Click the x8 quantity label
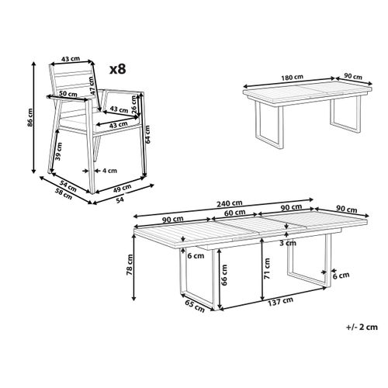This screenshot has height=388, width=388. tap(118, 69)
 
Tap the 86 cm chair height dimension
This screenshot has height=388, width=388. tap(30, 117)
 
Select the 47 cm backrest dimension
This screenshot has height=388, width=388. tap(92, 85)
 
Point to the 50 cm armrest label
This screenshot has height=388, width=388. tap(68, 94)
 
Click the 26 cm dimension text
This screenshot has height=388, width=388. tap(134, 104)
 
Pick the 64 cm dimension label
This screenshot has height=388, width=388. tap(147, 134)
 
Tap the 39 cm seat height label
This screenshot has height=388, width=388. tap(59, 151)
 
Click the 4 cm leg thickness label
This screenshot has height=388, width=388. tap(109, 171)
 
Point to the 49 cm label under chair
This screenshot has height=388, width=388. tap(122, 188)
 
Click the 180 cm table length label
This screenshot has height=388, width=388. tap(293, 78)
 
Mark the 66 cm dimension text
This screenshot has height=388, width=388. tap(224, 275)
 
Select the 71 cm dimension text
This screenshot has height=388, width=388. tap(268, 268)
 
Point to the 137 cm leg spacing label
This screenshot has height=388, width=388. tap(280, 302)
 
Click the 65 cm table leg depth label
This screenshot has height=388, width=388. tap(195, 306)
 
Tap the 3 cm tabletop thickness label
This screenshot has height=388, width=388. tap(288, 243)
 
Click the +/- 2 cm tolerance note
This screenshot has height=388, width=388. tap(362, 327)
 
